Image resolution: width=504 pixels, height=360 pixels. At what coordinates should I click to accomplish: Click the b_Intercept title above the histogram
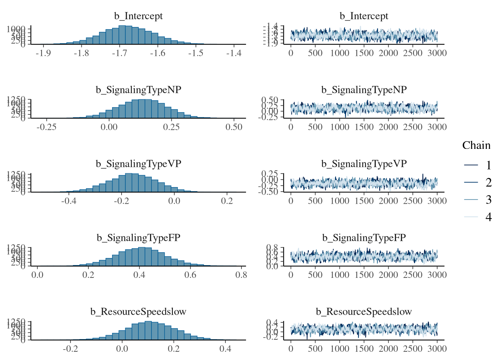pyautogui.click(x=138, y=16)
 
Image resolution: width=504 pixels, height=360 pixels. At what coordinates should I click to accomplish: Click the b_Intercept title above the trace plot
pyautogui.click(x=364, y=16)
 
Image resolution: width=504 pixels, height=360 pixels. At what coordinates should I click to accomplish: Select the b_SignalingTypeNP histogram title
pyautogui.click(x=138, y=90)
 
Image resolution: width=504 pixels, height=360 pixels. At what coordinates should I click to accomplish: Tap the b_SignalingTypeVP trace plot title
pyautogui.click(x=364, y=164)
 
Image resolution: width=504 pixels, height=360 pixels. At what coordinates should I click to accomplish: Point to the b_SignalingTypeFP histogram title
pyautogui.click(x=138, y=238)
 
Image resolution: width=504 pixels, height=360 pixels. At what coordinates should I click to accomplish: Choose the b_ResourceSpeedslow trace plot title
pyautogui.click(x=364, y=312)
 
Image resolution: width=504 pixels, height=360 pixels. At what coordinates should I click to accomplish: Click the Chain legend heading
pyautogui.click(x=476, y=145)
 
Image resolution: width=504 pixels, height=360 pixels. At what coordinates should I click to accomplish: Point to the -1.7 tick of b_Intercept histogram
pyautogui.click(x=119, y=53)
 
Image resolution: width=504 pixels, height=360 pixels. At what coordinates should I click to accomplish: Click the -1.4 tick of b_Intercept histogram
pyautogui.click(x=234, y=53)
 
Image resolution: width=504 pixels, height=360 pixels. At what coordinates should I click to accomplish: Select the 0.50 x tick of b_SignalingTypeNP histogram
pyautogui.click(x=234, y=127)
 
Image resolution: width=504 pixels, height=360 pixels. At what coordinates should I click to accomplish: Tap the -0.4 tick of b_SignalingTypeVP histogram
pyautogui.click(x=69, y=201)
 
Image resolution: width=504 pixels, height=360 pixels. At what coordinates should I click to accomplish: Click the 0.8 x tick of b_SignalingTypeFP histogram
pyautogui.click(x=241, y=275)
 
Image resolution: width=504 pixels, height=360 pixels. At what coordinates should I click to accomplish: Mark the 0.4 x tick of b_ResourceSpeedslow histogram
pyautogui.click(x=225, y=349)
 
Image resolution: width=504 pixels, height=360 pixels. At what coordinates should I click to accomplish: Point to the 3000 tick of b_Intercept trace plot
pyautogui.click(x=437, y=53)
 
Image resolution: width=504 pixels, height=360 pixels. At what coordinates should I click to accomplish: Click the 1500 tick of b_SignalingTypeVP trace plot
pyautogui.click(x=364, y=201)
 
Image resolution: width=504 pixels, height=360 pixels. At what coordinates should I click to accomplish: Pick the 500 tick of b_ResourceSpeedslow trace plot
pyautogui.click(x=315, y=349)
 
